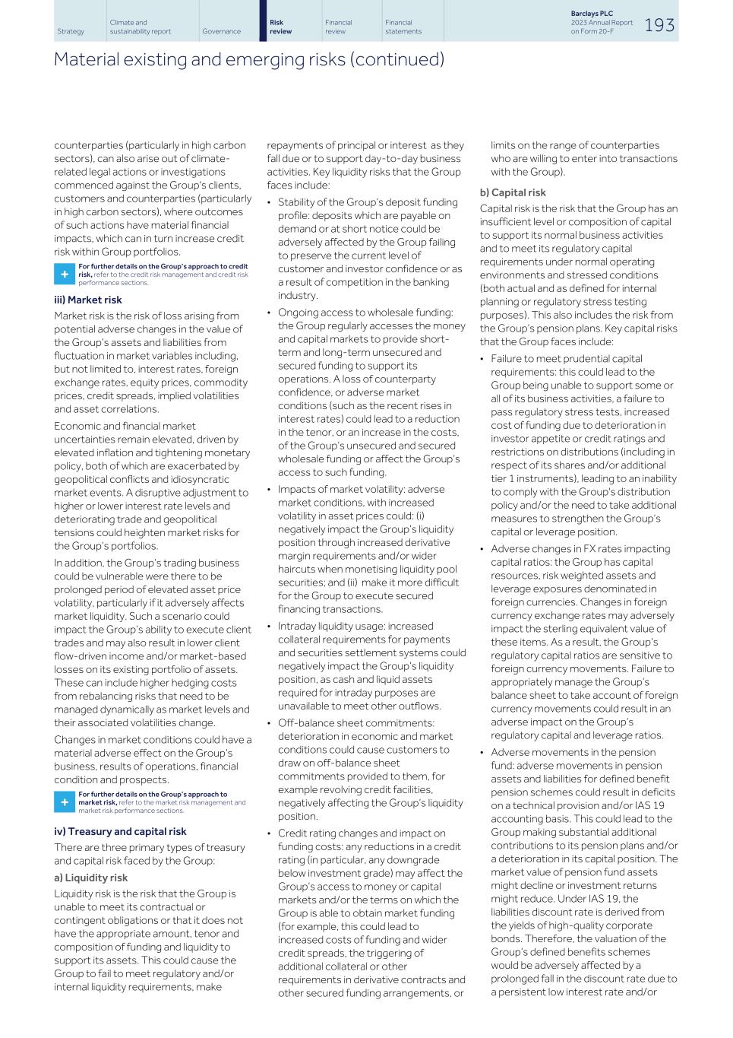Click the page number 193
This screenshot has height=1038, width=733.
point(659,25)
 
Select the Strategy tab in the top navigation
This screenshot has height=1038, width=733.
point(71,32)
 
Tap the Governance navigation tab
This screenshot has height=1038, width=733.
point(221,32)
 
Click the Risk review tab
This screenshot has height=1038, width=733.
point(280,27)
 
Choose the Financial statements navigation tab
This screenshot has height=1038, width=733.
point(403,27)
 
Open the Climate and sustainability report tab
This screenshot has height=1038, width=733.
point(140,27)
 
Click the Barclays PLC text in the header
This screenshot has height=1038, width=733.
point(591,14)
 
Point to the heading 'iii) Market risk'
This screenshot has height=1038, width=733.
point(87,300)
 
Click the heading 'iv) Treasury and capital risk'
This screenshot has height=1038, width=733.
point(120,831)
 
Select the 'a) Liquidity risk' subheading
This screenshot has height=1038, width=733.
point(90,878)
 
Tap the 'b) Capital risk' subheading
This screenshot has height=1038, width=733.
point(513,192)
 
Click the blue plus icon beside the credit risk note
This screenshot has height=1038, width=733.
point(64,274)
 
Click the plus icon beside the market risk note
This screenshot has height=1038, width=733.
point(64,802)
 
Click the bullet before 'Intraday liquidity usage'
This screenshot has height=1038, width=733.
point(270,627)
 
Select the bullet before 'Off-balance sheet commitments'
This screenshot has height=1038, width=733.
point(270,723)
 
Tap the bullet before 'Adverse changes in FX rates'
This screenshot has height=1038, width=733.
point(482,549)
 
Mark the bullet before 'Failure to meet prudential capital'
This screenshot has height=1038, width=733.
point(482,359)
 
